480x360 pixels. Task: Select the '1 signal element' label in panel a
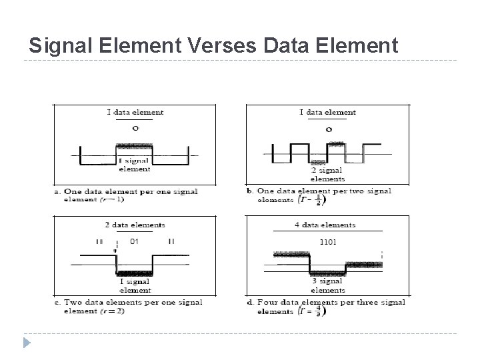[x=134, y=165]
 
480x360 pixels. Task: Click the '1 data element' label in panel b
[x=328, y=113]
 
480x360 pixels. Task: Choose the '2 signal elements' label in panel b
[x=328, y=175]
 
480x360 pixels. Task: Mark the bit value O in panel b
[x=328, y=129]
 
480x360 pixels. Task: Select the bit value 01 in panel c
[x=134, y=241]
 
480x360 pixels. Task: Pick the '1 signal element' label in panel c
[x=135, y=285]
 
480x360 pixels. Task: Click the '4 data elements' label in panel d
[x=325, y=225]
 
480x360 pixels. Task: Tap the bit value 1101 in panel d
[x=329, y=241]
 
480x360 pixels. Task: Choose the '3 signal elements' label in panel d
[x=328, y=286]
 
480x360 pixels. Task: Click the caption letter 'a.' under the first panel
[x=58, y=192]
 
